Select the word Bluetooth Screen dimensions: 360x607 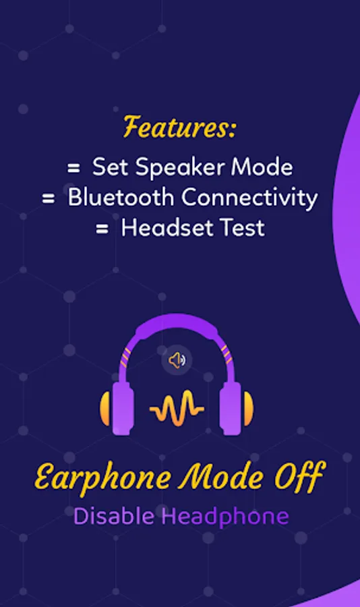121,197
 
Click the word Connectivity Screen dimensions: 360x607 249,198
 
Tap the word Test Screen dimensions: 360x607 243,227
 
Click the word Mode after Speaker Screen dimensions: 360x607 262,167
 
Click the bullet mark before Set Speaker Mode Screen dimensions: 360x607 73,169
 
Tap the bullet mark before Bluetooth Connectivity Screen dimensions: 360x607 48,198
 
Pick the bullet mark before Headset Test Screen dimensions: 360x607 102,229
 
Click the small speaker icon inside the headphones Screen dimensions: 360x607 177,360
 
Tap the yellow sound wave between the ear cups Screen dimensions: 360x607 177,409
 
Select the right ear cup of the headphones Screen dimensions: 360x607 237,409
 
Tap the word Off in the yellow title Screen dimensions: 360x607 299,477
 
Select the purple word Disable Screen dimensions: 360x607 114,516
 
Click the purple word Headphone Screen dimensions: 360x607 225,517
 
